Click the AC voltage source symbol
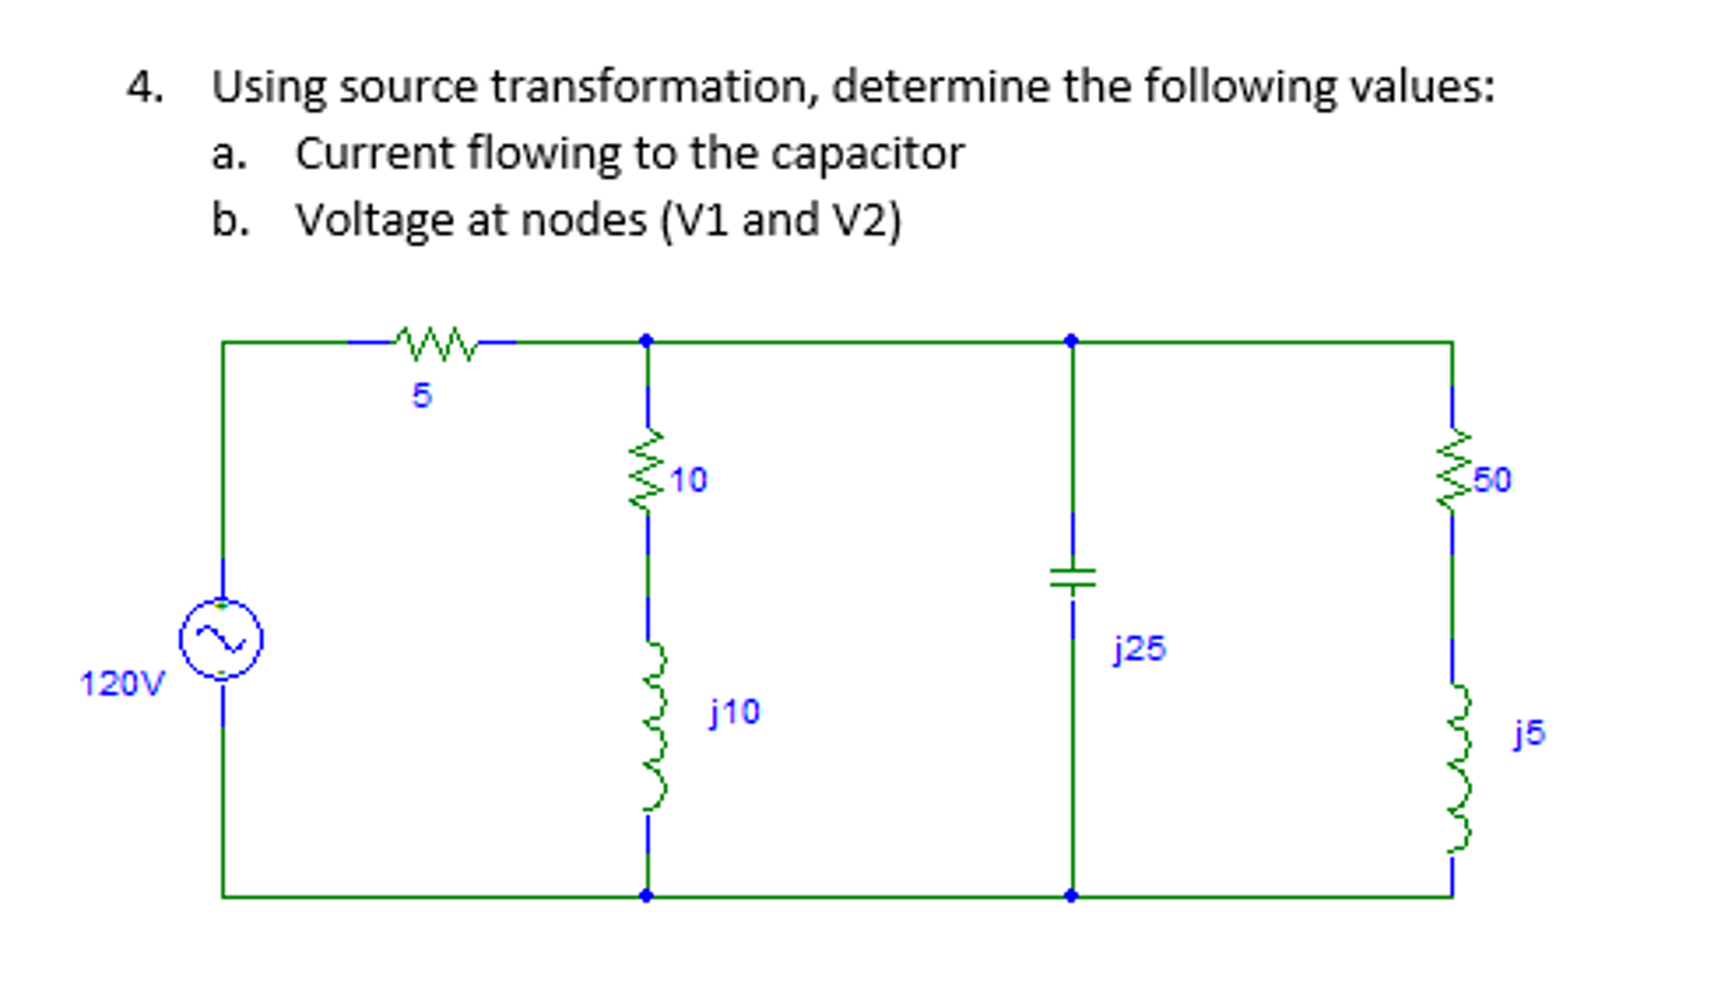(221, 639)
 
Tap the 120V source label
(122, 683)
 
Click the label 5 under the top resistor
(421, 395)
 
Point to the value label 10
(689, 480)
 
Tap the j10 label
(735, 713)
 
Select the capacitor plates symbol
(1072, 578)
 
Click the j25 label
(1140, 649)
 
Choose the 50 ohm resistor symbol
(1452, 471)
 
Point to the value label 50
(1492, 480)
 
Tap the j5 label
(1529, 734)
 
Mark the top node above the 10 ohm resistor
(646, 341)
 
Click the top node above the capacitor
(1071, 341)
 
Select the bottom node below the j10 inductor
(646, 895)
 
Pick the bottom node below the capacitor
(1071, 895)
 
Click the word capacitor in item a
(867, 154)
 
